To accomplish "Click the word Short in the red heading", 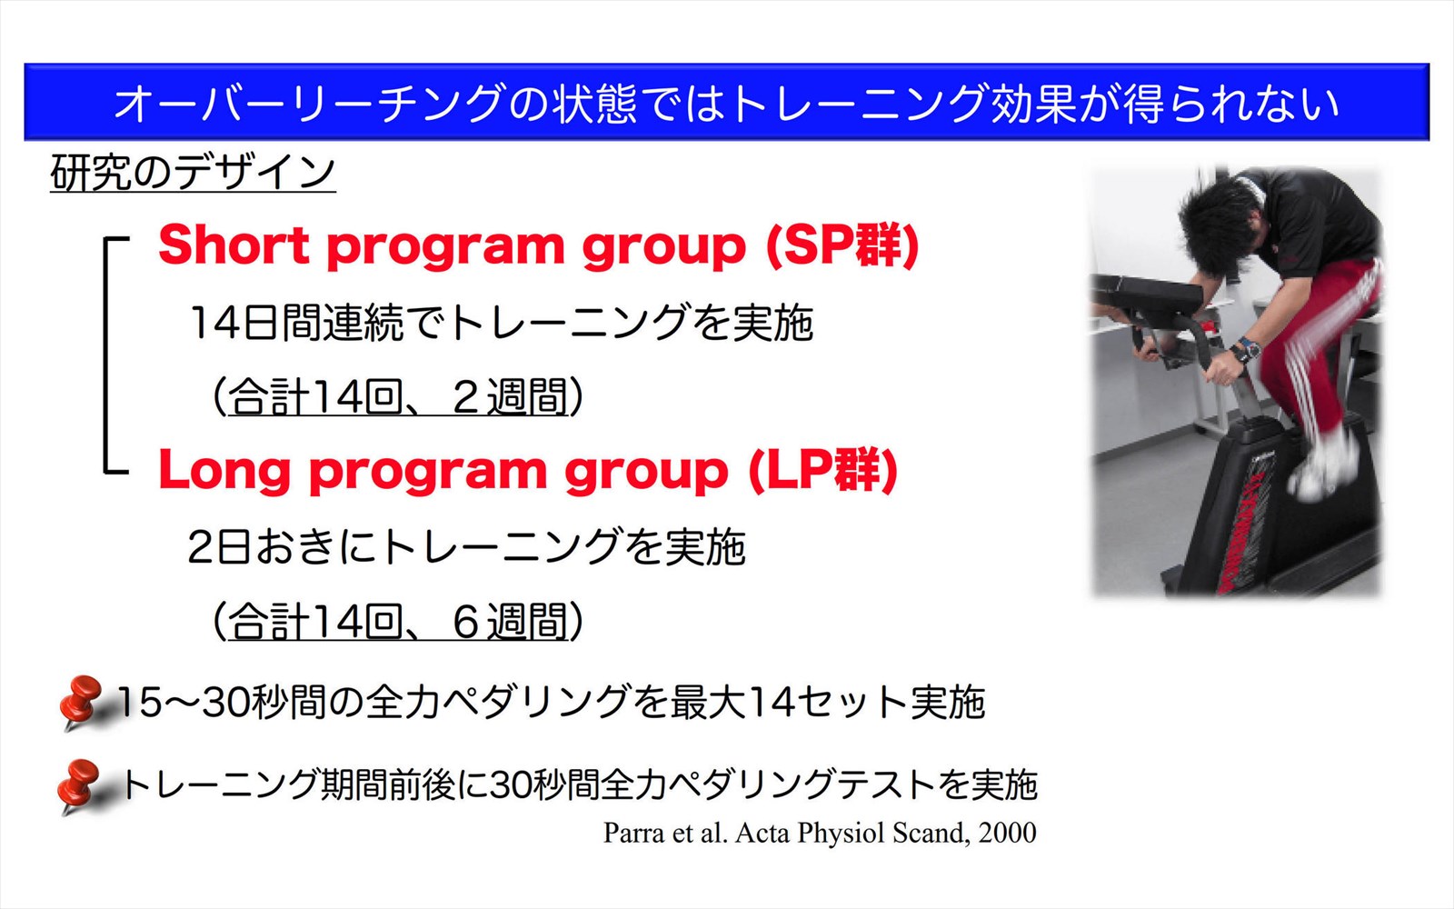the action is point(234,245).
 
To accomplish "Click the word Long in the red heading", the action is point(224,470).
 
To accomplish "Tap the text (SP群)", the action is point(842,245).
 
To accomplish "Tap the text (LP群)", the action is point(823,470).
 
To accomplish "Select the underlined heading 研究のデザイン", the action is point(193,172).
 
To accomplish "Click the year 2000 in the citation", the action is point(1008,833).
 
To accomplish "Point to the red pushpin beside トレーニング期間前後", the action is point(80,785).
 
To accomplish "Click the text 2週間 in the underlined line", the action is point(510,396).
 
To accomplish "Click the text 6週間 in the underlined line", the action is point(510,622).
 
